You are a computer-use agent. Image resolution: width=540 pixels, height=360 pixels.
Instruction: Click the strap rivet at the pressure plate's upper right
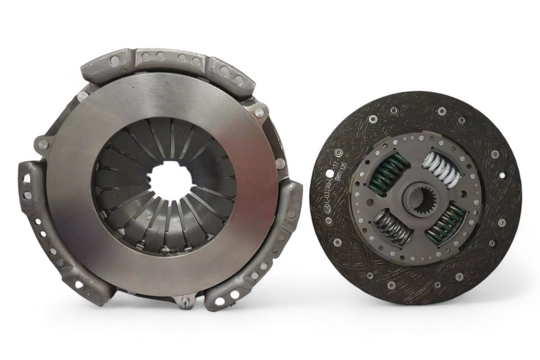[x=259, y=112]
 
